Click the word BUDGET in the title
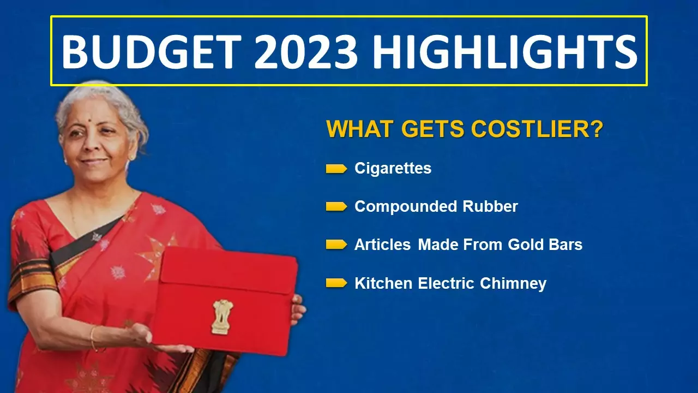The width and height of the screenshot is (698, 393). pyautogui.click(x=152, y=51)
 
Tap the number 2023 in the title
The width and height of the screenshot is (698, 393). pyautogui.click(x=306, y=51)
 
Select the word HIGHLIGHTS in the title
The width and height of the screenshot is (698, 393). pyautogui.click(x=505, y=51)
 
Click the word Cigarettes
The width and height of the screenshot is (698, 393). pyautogui.click(x=393, y=169)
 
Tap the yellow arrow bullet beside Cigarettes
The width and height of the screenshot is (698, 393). pyautogui.click(x=336, y=169)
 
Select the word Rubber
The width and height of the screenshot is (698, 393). pyautogui.click(x=490, y=206)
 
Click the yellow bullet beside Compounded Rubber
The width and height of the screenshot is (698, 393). pyautogui.click(x=336, y=206)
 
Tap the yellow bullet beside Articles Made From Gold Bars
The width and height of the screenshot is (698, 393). pyautogui.click(x=336, y=245)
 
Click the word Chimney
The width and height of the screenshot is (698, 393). pyautogui.click(x=513, y=283)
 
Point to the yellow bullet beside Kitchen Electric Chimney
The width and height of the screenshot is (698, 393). pyautogui.click(x=336, y=283)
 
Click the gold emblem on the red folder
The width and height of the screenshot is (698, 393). pyautogui.click(x=222, y=317)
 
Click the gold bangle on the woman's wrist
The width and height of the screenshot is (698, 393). pyautogui.click(x=93, y=338)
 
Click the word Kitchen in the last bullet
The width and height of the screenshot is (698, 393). pyautogui.click(x=383, y=283)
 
